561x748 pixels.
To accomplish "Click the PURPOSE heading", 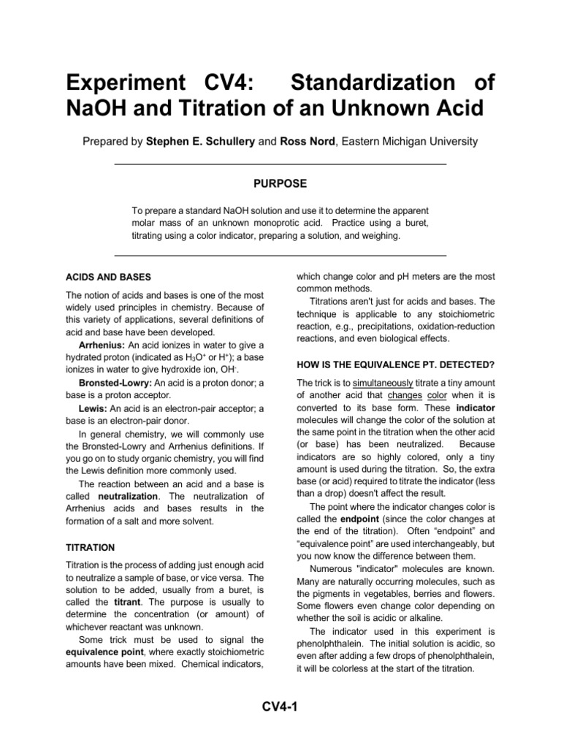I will (x=280, y=183).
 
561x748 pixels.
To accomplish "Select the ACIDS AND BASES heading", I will (x=109, y=278).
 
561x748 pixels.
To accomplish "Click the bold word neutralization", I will (x=128, y=495).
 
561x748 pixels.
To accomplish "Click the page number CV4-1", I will (x=280, y=706).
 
